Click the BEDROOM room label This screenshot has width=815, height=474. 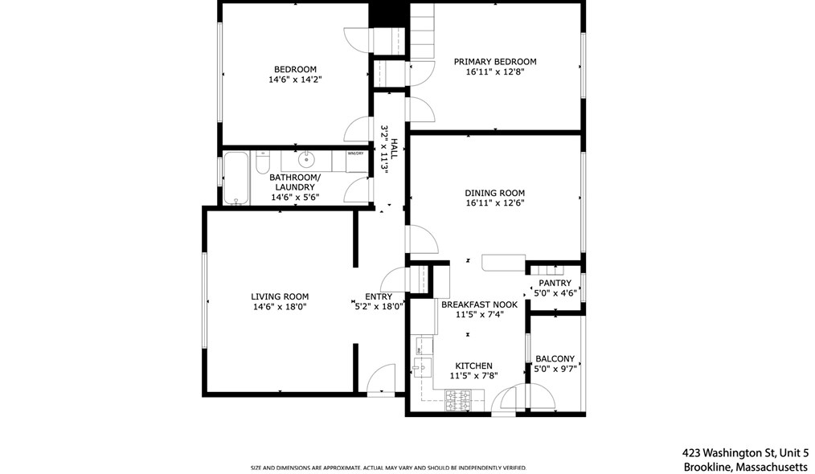click(295, 69)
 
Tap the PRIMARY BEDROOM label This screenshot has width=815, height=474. click(494, 62)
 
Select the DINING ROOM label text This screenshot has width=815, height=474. click(494, 193)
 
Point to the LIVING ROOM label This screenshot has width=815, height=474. click(279, 296)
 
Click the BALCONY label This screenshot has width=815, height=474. click(555, 359)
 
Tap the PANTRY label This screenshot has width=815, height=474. click(555, 283)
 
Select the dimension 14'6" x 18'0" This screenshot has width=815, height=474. click(279, 307)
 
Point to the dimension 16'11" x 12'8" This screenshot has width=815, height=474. click(494, 72)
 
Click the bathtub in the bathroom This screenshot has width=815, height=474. click(235, 177)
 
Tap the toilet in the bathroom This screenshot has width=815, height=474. click(262, 165)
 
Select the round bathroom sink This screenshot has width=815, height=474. click(306, 160)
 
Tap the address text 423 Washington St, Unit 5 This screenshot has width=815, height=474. click(745, 452)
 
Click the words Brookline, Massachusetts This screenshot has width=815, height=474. click(745, 467)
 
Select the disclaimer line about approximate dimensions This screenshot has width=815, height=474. click(388, 468)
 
